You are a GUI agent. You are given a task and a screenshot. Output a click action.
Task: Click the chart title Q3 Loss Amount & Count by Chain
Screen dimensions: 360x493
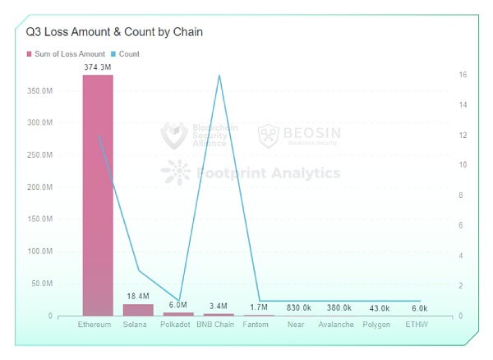click(x=114, y=32)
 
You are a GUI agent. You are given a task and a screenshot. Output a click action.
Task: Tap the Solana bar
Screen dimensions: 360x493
click(x=138, y=310)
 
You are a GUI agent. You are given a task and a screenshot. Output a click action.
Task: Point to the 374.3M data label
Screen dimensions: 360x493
click(x=98, y=67)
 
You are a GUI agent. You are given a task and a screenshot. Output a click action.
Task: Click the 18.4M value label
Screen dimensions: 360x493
click(x=138, y=296)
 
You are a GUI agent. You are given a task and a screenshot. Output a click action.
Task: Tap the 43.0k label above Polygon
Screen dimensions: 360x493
click(x=379, y=307)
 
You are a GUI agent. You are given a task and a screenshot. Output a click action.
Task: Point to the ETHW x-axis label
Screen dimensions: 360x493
click(x=417, y=325)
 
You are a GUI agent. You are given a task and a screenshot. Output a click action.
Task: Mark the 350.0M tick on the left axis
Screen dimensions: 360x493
click(x=39, y=90)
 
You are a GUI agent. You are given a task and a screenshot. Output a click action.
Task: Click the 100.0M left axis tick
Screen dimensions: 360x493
click(x=39, y=252)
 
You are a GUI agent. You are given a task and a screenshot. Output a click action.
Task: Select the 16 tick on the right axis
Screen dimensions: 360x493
click(x=463, y=75)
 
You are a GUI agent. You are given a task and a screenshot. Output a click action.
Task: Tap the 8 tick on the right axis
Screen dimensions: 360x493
click(x=461, y=196)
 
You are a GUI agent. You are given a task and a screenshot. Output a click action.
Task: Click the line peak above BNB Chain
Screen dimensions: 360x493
click(x=219, y=76)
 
